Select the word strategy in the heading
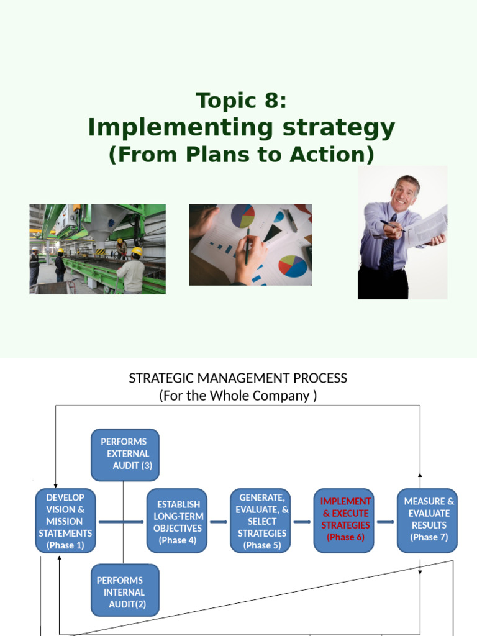[338, 128]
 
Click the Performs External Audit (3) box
[125, 455]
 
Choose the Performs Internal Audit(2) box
[125, 590]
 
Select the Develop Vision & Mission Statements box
[66, 521]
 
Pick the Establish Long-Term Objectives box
[177, 521]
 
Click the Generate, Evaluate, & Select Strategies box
[260, 521]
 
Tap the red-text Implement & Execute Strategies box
[344, 521]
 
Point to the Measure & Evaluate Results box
[427, 521]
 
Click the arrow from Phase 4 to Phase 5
[219, 522]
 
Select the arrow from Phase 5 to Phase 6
[302, 522]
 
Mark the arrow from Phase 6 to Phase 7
[386, 522]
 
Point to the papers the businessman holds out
[428, 225]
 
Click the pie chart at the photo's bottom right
[293, 266]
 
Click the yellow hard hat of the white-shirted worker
[137, 251]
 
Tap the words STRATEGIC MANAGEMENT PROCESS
[238, 378]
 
